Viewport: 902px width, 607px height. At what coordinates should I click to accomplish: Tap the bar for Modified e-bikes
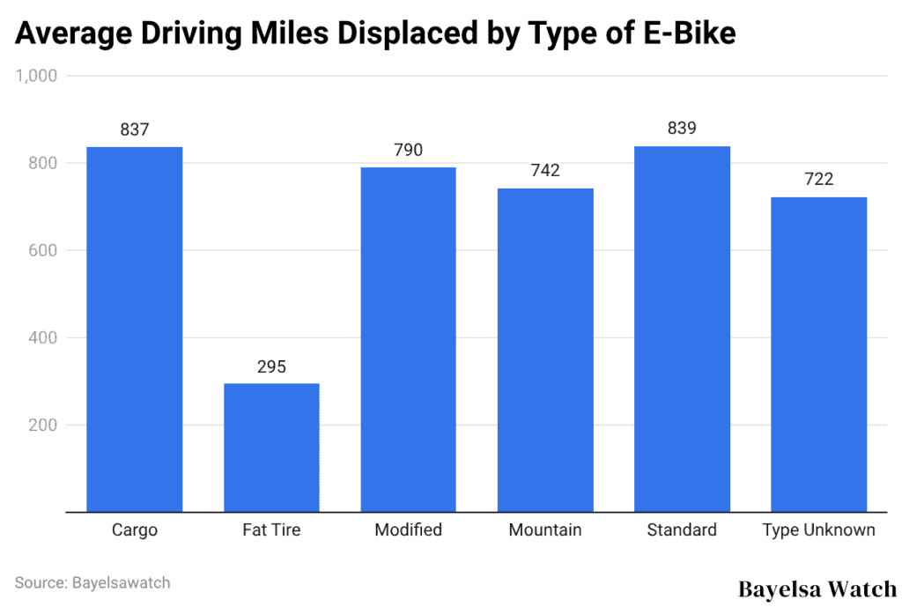click(408, 339)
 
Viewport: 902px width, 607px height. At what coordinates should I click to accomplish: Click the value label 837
click(135, 130)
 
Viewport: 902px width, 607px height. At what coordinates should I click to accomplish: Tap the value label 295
click(271, 366)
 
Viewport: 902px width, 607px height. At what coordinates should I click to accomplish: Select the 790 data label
click(408, 151)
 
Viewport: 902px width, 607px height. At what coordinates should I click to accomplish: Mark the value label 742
click(545, 171)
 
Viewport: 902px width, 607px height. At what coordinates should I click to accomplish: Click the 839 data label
click(682, 129)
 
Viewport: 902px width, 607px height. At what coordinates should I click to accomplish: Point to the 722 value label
click(818, 180)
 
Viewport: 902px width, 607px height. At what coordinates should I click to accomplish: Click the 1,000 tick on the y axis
click(37, 77)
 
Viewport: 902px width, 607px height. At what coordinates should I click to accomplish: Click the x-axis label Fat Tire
click(271, 530)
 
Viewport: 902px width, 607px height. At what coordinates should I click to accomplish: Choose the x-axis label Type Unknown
click(818, 530)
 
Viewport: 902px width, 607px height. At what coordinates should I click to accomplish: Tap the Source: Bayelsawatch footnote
click(92, 582)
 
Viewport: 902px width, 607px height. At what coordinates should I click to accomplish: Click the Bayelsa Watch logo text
click(816, 588)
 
